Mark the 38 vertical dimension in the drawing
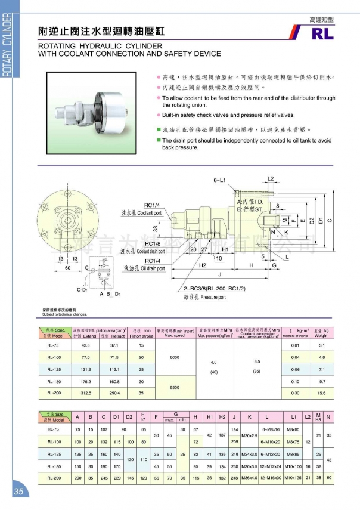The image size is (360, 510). point(156,228)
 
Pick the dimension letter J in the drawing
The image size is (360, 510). point(221,274)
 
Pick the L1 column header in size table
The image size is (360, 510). point(294,416)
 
